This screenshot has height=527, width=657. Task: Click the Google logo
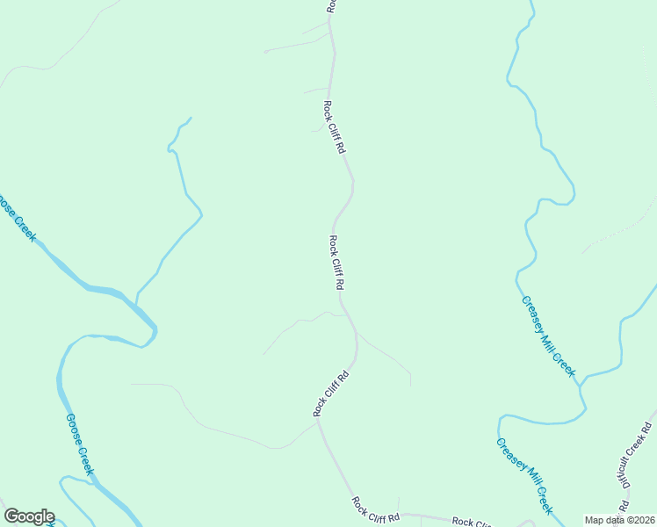[x=29, y=516]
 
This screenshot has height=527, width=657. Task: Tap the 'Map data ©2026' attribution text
[x=619, y=520]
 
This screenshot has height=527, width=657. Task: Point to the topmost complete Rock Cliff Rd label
[x=334, y=127]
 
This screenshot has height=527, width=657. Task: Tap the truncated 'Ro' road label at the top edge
[x=331, y=5]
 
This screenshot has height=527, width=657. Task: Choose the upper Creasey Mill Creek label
[x=548, y=336]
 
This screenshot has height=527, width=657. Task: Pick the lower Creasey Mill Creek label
[x=524, y=476]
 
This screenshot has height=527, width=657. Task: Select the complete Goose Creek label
[x=79, y=444]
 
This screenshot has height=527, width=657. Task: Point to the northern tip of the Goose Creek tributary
[x=191, y=118]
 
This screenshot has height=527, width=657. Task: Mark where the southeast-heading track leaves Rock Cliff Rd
[x=357, y=334]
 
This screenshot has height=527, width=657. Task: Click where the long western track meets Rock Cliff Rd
[x=317, y=422]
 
